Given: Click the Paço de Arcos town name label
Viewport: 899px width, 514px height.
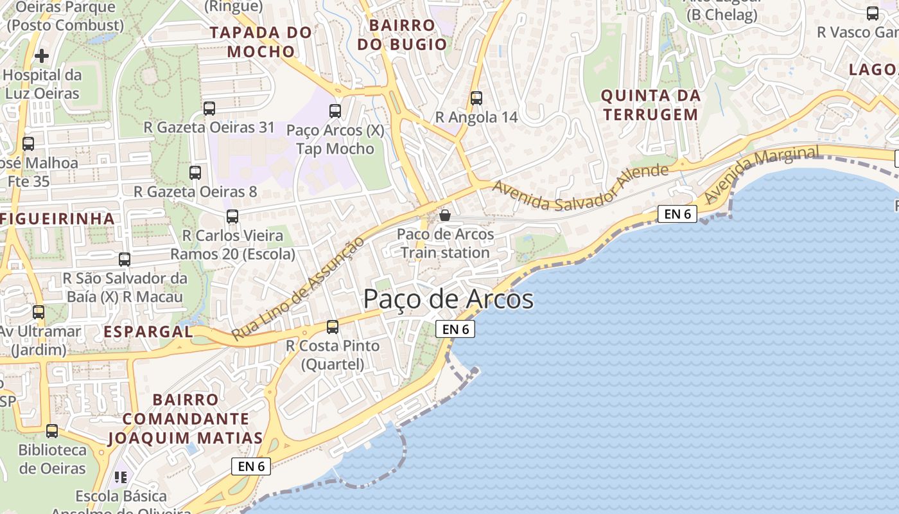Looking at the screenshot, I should point(448,299).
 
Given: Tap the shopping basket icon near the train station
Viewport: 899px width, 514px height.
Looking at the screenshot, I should point(444,215).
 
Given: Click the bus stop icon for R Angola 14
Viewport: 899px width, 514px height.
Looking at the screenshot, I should point(476,98).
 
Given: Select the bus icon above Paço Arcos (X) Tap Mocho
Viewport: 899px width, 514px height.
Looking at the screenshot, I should point(335,111).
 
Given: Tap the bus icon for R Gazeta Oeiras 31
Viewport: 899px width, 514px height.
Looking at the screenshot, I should point(209,109).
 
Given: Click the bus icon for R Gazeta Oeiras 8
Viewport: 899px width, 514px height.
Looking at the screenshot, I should point(195,173).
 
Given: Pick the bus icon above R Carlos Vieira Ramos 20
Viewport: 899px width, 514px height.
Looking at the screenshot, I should point(232,217).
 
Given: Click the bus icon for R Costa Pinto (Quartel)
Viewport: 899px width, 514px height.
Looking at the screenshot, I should point(332,327).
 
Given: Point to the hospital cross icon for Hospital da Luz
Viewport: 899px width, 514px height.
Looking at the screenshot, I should point(42,56).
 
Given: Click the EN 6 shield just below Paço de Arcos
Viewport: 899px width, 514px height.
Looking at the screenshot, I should point(455,329).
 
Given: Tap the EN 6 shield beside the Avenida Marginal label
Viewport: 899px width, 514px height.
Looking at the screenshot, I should point(677,214).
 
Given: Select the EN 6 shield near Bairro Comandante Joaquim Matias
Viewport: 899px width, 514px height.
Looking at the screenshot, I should point(251,466).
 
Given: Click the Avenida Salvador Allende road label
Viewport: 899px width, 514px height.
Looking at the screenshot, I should point(580,187).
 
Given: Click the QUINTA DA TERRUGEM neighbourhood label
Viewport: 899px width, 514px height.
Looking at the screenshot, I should point(649,105).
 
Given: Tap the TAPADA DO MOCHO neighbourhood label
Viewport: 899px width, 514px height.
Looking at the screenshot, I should point(261,42).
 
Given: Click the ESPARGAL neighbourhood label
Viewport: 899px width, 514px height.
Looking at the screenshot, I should point(148,332).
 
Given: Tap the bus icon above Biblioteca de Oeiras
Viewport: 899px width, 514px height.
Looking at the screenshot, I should point(52,431).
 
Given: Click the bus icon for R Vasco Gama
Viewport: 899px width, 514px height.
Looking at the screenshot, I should point(872,13).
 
